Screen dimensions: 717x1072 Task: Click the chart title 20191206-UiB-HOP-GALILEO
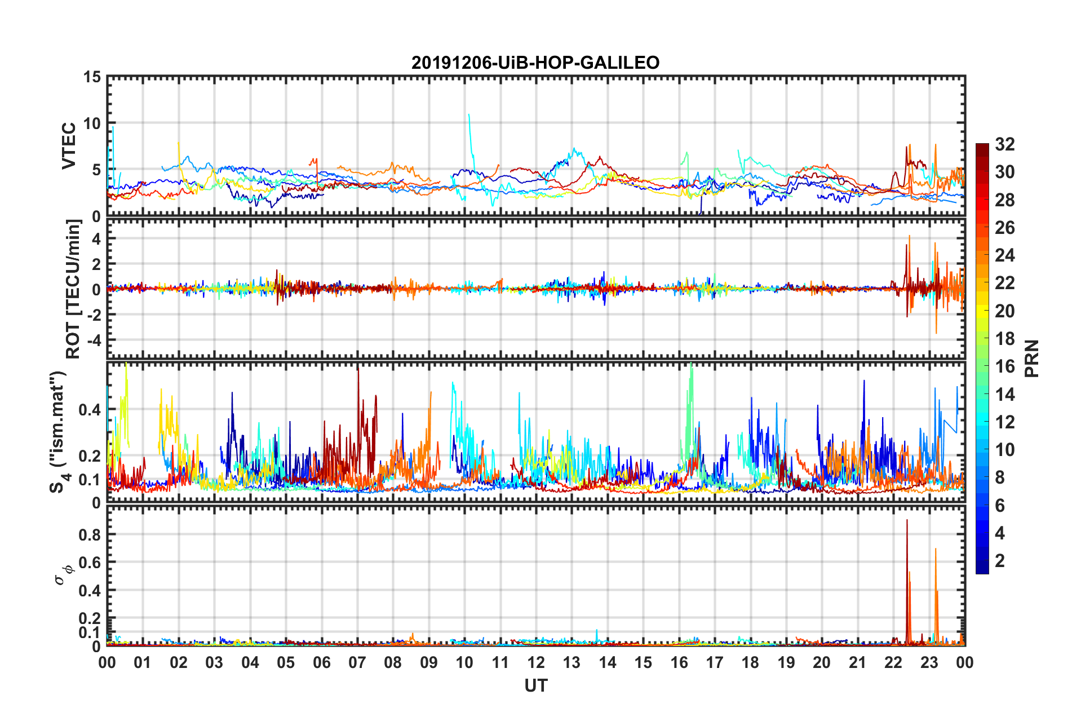(x=535, y=63)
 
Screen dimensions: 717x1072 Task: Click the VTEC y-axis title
(x=69, y=145)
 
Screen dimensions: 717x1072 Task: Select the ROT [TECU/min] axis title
(x=73, y=289)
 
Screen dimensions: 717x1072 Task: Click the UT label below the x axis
(x=535, y=685)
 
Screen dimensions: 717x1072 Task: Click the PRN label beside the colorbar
(x=1032, y=358)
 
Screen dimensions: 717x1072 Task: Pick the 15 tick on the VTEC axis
(x=91, y=77)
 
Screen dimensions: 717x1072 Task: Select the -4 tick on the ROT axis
(x=91, y=340)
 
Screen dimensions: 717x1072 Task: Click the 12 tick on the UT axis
(x=535, y=662)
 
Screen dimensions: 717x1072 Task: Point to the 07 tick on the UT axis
(x=357, y=662)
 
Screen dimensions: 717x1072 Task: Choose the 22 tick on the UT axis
(x=893, y=662)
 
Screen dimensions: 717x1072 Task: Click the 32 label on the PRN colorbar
(x=1004, y=144)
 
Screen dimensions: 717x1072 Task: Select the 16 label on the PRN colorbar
(x=1004, y=366)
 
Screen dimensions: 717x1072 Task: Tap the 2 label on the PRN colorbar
(x=1000, y=561)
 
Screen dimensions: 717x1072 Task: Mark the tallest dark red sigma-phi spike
(x=907, y=521)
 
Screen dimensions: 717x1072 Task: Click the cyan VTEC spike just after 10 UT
(x=469, y=116)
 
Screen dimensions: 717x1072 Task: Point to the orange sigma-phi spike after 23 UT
(x=936, y=550)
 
